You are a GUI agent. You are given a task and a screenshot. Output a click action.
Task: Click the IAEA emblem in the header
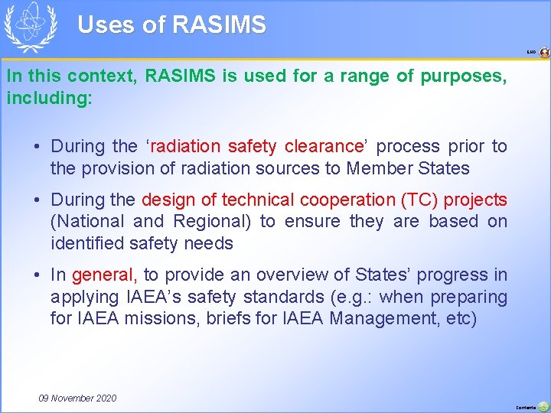coord(31,27)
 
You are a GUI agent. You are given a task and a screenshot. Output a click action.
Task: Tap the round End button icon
coord(544,53)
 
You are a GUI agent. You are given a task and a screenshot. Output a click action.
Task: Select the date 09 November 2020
coord(77,398)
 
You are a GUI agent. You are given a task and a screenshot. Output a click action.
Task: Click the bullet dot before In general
coord(37,275)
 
